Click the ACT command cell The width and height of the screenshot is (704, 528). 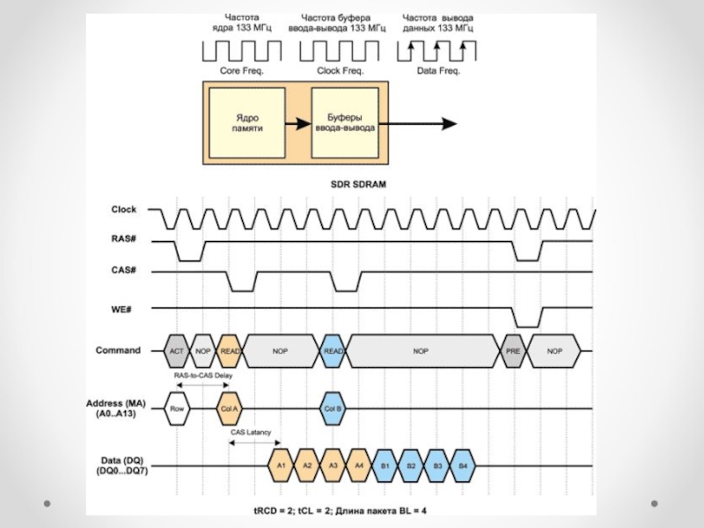pos(177,350)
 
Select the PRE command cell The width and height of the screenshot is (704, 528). pos(512,350)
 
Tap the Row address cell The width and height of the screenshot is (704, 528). pos(177,408)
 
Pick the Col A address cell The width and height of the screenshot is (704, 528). pos(229,408)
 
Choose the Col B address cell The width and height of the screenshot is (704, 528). pos(333,408)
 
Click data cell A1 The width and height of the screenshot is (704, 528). pos(282,466)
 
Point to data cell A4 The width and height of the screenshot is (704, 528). pos(358,466)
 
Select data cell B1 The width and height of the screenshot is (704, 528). pos(385,466)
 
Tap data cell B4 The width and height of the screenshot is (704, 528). pos(462,466)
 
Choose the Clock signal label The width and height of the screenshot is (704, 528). pos(124,209)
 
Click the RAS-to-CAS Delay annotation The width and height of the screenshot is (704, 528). pos(203,376)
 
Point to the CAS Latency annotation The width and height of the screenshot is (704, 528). pos(251,432)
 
